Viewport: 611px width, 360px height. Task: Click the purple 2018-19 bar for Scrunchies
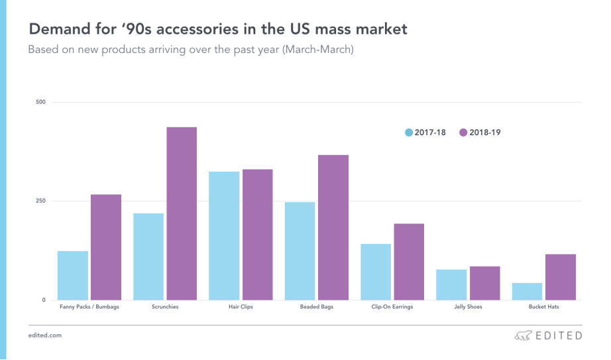(181, 213)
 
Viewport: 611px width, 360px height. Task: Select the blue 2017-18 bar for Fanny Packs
(73, 275)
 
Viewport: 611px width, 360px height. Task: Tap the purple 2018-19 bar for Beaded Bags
(333, 227)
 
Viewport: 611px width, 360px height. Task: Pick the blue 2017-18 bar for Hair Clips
(224, 235)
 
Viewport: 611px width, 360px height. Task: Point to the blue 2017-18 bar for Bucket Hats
(527, 291)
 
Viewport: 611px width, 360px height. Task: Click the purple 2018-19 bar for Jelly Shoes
(484, 283)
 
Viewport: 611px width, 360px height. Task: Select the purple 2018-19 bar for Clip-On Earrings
(409, 262)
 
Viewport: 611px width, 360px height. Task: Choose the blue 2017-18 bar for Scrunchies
(148, 257)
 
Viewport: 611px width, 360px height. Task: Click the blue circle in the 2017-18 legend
(409, 133)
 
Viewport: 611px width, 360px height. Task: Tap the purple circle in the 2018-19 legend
(463, 133)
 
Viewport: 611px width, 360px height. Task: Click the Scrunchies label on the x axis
(165, 308)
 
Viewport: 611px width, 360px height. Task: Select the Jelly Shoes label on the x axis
(469, 308)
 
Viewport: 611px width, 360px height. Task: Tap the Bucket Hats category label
(543, 308)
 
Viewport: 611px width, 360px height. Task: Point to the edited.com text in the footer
(45, 335)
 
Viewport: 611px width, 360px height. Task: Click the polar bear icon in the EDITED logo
(523, 335)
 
